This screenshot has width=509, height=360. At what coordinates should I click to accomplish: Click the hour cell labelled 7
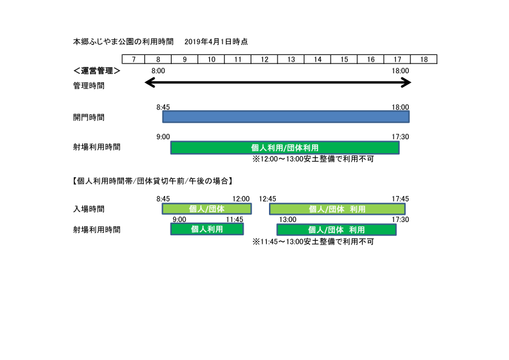pos(134,59)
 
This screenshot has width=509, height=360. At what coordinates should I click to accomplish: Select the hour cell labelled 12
pos(264,59)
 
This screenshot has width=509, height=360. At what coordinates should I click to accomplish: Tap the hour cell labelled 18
pos(424,59)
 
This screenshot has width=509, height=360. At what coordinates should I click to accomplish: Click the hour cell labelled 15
pos(344,59)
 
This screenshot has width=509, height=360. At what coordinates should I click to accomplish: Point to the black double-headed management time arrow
pos(277,82)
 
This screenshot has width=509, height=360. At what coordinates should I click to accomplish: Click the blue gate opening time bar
pos(285,116)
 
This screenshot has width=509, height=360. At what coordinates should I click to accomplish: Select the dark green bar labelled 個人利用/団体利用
pos(285,147)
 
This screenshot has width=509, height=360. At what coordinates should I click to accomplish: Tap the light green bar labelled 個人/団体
pos(207,209)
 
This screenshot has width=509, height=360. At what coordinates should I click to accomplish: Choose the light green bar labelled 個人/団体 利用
pos(337,209)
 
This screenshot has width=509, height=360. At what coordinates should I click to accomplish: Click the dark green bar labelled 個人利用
pos(207,229)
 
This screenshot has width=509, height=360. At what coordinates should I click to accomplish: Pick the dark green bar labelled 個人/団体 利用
pos(336,230)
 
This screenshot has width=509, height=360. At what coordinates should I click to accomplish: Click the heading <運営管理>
pos(96,71)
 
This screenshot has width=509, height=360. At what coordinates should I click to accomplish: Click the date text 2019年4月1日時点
pos(216,42)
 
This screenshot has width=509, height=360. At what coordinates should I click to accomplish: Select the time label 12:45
pos(267,198)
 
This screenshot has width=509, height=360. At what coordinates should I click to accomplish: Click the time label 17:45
pos(400,198)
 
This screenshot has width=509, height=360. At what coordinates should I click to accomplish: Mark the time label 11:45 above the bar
pos(235,220)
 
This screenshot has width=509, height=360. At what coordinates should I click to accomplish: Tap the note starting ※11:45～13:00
pos(313,241)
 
